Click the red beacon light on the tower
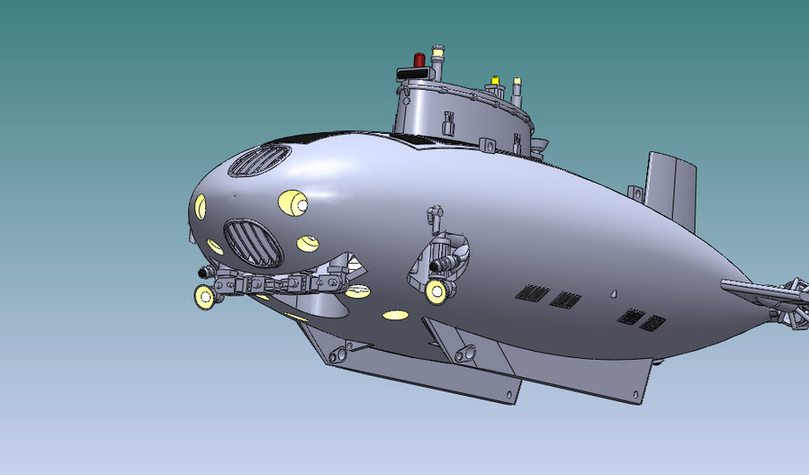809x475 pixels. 419,60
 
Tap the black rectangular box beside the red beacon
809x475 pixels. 407,72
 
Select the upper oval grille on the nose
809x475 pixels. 259,161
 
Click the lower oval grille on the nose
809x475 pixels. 253,242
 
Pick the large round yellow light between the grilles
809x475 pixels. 292,203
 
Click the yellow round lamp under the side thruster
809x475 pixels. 436,290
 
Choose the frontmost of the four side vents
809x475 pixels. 533,292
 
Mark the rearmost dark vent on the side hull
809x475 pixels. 653,322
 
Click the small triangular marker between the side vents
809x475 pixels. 612,292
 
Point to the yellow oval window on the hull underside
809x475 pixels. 396,315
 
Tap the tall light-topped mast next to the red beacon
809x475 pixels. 437,59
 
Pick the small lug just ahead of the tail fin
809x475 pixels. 634,193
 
